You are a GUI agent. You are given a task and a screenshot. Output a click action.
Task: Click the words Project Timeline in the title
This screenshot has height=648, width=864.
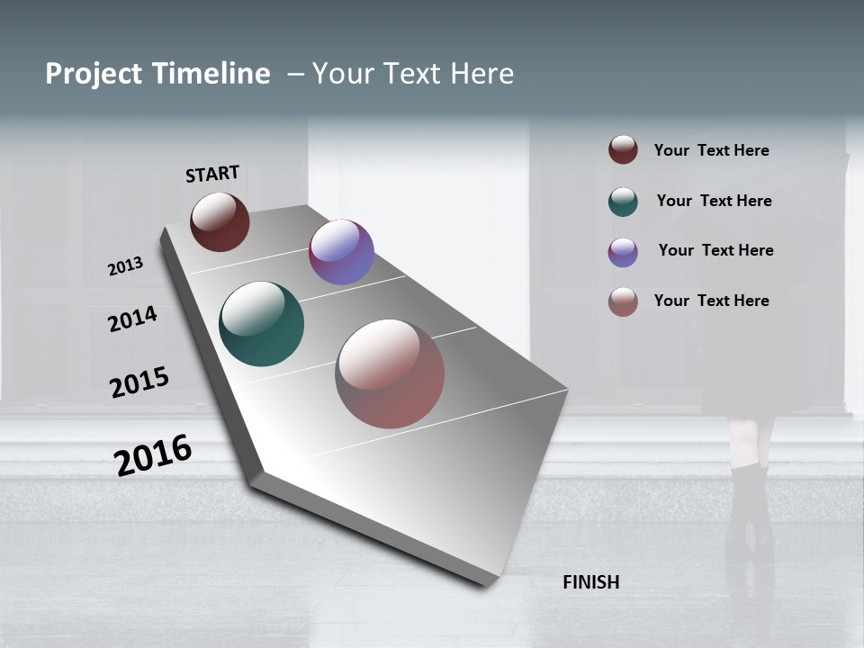(157, 74)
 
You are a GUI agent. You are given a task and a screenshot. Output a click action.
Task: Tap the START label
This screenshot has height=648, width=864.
(212, 174)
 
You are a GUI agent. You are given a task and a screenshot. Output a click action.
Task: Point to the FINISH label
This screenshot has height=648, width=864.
(590, 582)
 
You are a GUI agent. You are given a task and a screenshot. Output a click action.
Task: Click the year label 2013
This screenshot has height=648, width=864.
(125, 266)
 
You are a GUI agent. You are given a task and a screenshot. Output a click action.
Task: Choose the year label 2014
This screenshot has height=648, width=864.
(132, 319)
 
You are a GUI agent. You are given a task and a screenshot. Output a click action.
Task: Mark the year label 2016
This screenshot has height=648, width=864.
(153, 454)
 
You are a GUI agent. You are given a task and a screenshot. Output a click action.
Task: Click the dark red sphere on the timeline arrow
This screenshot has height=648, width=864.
(220, 221)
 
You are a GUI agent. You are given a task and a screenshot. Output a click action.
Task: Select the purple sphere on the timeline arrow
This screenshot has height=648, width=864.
(341, 252)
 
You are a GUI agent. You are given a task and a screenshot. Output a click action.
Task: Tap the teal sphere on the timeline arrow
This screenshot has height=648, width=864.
(261, 324)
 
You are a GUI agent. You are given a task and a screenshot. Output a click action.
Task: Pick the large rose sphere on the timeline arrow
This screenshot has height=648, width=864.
(390, 373)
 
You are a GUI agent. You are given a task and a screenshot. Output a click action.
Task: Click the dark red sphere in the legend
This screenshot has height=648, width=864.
(623, 149)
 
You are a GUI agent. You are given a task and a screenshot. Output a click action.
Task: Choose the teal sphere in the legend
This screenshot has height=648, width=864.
(623, 202)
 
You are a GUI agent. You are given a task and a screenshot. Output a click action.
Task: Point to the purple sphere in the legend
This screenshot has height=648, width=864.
(623, 252)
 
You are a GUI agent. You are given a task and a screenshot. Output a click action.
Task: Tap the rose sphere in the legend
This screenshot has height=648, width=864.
(623, 301)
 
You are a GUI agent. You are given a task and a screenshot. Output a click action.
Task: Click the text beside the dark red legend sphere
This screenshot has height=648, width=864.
(711, 151)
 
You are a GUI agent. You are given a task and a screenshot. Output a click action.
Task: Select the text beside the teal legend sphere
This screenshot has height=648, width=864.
(714, 201)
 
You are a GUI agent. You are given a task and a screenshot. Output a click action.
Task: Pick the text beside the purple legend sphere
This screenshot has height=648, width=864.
(715, 250)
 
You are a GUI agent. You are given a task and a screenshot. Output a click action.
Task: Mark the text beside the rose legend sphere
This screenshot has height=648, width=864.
(711, 301)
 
